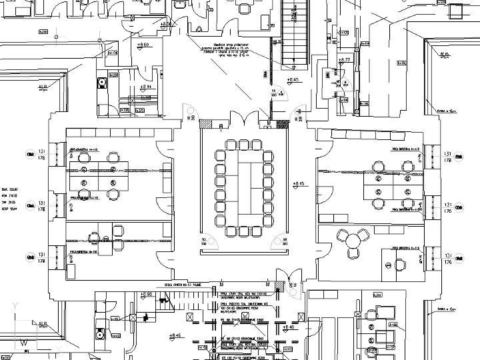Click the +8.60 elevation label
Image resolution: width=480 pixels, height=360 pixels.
coord(143,45)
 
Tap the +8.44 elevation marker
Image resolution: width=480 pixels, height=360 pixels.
coord(146,87)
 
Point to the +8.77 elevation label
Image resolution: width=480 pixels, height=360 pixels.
coord(345,60)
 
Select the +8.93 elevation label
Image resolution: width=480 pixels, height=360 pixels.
coord(146,294)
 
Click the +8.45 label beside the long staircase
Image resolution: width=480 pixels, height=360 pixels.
coord(292,81)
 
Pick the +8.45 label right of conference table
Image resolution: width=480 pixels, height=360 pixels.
coord(298,183)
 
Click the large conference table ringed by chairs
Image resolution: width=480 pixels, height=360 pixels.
coord(243,188)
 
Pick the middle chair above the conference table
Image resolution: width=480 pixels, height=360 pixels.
coord(243,145)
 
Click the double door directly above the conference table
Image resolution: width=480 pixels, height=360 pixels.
coord(243,120)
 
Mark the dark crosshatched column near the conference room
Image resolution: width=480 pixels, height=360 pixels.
coord(283,124)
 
